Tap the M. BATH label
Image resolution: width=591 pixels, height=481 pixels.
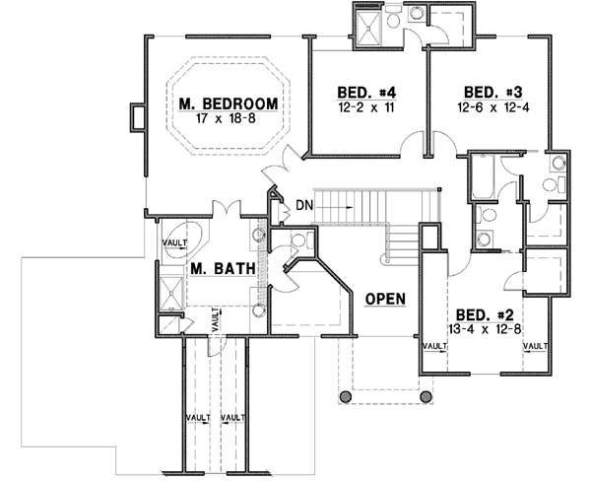(210, 269)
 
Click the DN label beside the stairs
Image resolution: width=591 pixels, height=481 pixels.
(303, 206)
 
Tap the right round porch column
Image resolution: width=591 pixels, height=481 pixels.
(427, 396)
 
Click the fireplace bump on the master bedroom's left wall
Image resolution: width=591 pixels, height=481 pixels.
(136, 117)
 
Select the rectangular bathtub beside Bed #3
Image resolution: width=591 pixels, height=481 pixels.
(481, 177)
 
